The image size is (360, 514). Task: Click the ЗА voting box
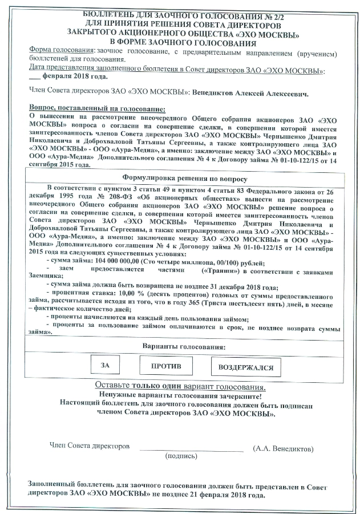point(105,365)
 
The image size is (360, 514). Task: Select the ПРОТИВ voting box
point(166,365)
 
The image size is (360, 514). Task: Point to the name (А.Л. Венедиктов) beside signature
point(282,449)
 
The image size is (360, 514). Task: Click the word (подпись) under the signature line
point(181,457)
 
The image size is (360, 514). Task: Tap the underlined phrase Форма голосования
point(62,51)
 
